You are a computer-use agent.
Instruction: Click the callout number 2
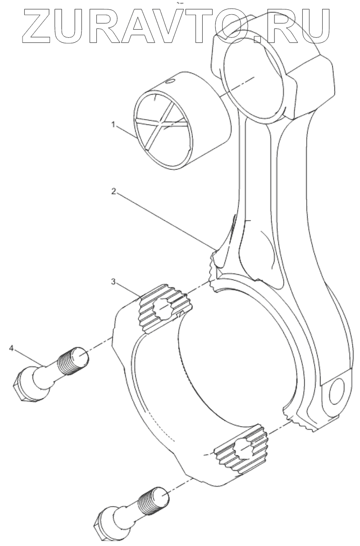pyautogui.click(x=114, y=191)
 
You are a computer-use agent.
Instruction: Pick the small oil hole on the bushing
pyautogui.click(x=171, y=82)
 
